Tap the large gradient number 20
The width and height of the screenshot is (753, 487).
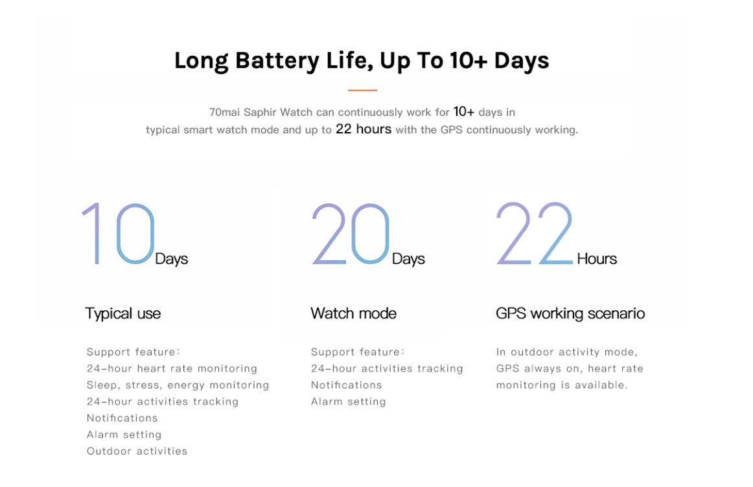(x=351, y=234)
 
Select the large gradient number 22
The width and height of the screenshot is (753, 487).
(x=535, y=234)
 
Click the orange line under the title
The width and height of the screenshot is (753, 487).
(x=362, y=90)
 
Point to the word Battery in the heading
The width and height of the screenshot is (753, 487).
(x=277, y=61)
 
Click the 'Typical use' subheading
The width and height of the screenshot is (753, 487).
(x=123, y=313)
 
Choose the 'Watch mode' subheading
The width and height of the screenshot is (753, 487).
(x=353, y=313)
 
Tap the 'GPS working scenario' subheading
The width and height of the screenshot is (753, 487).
(x=570, y=313)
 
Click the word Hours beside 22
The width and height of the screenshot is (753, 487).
(x=597, y=258)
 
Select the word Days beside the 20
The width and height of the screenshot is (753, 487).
(x=408, y=258)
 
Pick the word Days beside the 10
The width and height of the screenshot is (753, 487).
(x=172, y=258)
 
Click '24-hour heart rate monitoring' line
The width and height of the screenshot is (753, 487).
(x=172, y=368)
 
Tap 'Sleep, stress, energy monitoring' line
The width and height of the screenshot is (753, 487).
(x=178, y=385)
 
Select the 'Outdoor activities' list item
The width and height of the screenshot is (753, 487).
(x=137, y=451)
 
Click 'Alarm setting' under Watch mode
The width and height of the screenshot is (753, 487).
(x=348, y=402)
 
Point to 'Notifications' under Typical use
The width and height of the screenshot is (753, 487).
(x=122, y=418)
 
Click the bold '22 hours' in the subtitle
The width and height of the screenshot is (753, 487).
(x=364, y=129)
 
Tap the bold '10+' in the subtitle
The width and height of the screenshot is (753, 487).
(x=464, y=111)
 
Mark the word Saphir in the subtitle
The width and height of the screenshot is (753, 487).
(x=260, y=112)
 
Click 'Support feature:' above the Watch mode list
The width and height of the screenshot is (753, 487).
(x=358, y=352)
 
